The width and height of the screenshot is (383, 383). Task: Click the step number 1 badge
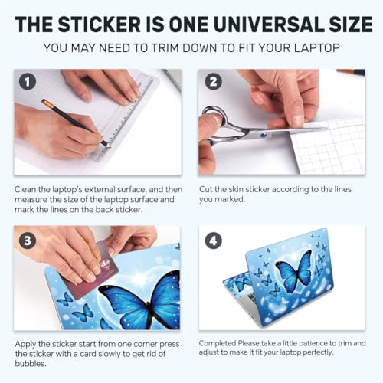click(28, 82)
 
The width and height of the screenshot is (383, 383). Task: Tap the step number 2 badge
click(214, 82)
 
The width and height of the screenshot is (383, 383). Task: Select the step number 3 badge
click(28, 241)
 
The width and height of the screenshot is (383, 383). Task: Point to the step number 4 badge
click(214, 241)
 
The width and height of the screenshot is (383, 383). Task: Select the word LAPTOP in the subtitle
click(316, 48)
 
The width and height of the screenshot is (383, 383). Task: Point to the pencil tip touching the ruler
click(110, 146)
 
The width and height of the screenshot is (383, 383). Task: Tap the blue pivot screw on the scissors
click(263, 135)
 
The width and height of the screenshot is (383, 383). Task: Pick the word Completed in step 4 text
click(218, 343)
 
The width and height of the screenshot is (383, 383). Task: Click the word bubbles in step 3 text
click(31, 364)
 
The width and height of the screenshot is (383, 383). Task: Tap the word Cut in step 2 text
click(206, 189)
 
